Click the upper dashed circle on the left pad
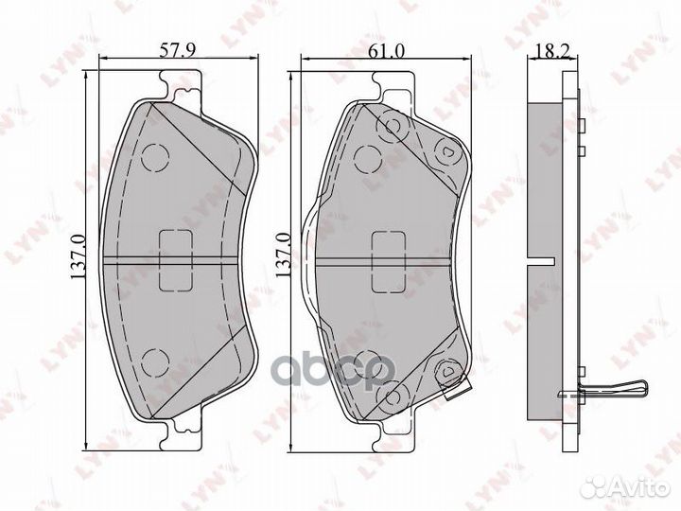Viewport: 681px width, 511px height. tap(153, 160)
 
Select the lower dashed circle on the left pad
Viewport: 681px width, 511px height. tap(153, 360)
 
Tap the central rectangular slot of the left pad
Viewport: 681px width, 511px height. tap(177, 259)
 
